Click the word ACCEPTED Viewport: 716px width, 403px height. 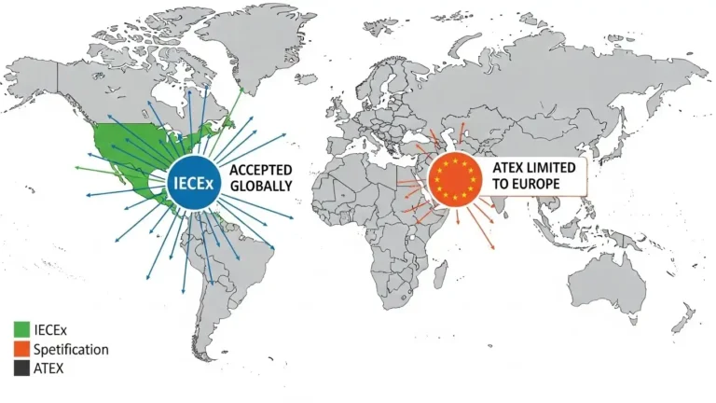coord(260,170)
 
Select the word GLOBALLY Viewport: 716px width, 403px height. coord(261,186)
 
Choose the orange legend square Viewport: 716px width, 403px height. coord(21,350)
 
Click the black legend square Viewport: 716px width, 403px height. coord(21,368)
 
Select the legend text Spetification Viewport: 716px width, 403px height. coord(71,350)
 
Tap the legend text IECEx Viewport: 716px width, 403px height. coord(52,329)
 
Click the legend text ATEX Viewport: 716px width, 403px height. coord(51,368)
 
